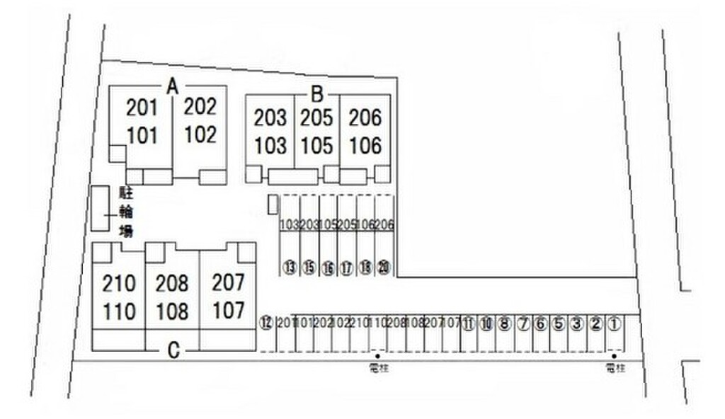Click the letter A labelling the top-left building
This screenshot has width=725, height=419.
click(x=171, y=86)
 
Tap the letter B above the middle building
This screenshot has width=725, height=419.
click(x=318, y=93)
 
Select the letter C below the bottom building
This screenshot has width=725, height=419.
click(x=172, y=349)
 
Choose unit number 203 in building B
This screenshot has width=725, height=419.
click(x=270, y=117)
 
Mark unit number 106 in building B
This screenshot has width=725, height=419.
click(x=365, y=146)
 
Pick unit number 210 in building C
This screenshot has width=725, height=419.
click(x=118, y=284)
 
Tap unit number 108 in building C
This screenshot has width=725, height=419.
click(x=172, y=311)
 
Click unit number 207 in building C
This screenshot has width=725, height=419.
click(x=228, y=282)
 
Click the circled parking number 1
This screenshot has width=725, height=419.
click(x=614, y=324)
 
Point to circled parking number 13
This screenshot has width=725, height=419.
click(x=290, y=268)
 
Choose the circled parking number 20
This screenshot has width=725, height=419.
click(x=383, y=268)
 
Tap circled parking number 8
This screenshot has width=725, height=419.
click(x=504, y=324)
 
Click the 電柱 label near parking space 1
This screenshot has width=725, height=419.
click(x=615, y=367)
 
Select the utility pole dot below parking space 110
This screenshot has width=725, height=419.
click(x=378, y=355)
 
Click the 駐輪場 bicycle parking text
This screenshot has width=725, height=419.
click(x=126, y=211)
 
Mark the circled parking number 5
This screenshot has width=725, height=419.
click(x=559, y=324)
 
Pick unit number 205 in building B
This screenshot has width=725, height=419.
click(x=316, y=117)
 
